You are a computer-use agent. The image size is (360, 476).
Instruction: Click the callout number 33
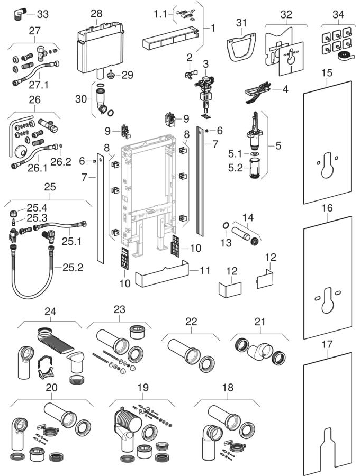pyautogui.click(x=42, y=14)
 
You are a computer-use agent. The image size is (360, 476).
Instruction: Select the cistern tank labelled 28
pyautogui.click(x=100, y=48)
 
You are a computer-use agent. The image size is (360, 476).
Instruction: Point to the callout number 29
pyautogui.click(x=127, y=75)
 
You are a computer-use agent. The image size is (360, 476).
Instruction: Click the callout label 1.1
pyautogui.click(x=160, y=14)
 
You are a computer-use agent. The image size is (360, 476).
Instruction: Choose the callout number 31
pyautogui.click(x=241, y=23)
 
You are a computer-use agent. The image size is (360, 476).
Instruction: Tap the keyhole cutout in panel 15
pyautogui.click(x=327, y=165)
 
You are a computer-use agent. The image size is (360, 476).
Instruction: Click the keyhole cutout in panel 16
pyautogui.click(x=328, y=300)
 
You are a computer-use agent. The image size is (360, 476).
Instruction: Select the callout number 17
pyautogui.click(x=327, y=344)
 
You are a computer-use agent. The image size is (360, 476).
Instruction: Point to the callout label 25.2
pyautogui.click(x=73, y=267)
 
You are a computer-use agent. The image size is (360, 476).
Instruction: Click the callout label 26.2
pyautogui.click(x=61, y=161)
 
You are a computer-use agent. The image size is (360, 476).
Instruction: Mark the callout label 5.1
pyautogui.click(x=235, y=154)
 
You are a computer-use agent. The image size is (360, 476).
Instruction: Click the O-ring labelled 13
pyautogui.click(x=225, y=225)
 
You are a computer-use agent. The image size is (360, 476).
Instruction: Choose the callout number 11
pyautogui.click(x=205, y=270)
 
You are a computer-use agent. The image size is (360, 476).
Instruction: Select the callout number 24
pyautogui.click(x=50, y=312)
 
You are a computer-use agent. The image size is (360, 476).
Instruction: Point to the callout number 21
pyautogui.click(x=260, y=322)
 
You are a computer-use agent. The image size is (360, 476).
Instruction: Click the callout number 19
pyautogui.click(x=143, y=387)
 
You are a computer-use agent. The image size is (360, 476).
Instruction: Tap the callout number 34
pyautogui.click(x=338, y=14)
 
